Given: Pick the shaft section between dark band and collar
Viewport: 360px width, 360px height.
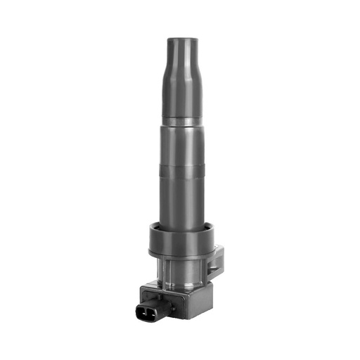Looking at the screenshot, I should (185, 200).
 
